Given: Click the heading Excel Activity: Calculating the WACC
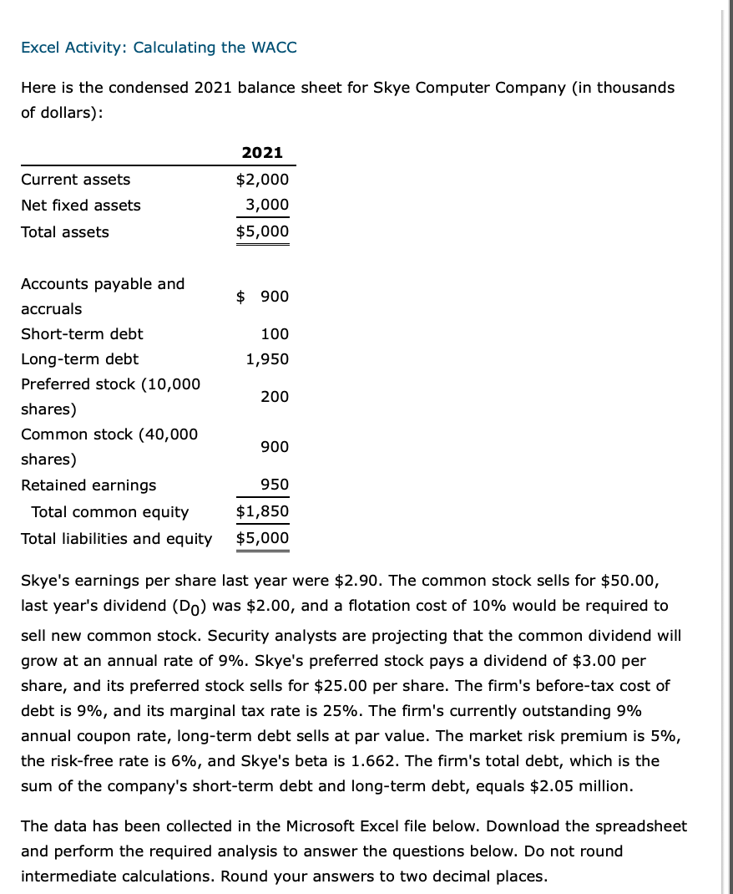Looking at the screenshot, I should pos(159,48).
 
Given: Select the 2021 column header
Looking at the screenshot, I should pos(262,153).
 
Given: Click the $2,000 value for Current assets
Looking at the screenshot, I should pos(262,180).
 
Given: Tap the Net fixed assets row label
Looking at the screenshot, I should pos(81,206).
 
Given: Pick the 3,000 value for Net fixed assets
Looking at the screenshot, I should pos(267,206).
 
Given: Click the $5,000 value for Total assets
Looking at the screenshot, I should pos(262,231).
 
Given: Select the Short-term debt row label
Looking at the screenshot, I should pos(82,334).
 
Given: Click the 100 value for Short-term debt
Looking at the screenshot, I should pos(275,334).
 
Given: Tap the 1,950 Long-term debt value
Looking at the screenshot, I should pos(267,359).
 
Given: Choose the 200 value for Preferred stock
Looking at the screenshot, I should pos(275,397).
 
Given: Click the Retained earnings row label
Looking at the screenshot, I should pos(88,485).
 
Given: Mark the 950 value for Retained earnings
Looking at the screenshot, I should pos(275,485).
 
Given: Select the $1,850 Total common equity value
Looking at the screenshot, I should pos(262,511).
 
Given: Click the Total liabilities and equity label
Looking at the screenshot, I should pos(116,539).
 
